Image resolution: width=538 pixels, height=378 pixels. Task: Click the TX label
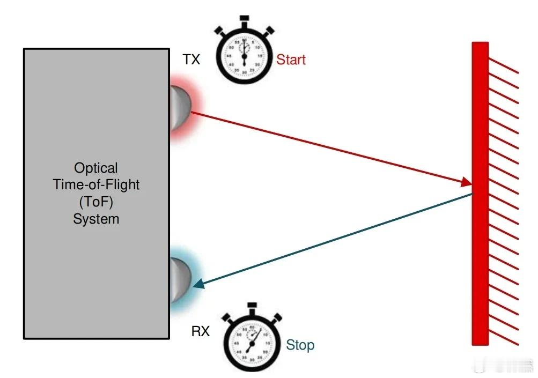[x=191, y=60]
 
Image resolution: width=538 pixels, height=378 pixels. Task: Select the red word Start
[x=291, y=60]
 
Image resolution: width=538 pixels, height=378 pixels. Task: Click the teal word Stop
[x=300, y=345]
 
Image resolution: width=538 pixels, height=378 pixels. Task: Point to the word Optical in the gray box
[x=96, y=168]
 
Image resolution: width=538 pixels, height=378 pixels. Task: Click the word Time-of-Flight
[x=96, y=185]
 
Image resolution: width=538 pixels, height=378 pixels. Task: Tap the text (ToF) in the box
[x=96, y=202]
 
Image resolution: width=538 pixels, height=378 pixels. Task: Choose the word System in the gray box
[x=96, y=219]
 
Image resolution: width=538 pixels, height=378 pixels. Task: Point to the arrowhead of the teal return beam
[x=198, y=285]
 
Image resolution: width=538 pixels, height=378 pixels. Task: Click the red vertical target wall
[x=480, y=193]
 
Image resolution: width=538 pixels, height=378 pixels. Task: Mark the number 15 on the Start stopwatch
[x=260, y=56]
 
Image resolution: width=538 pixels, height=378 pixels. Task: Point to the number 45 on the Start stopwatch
[x=229, y=56]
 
